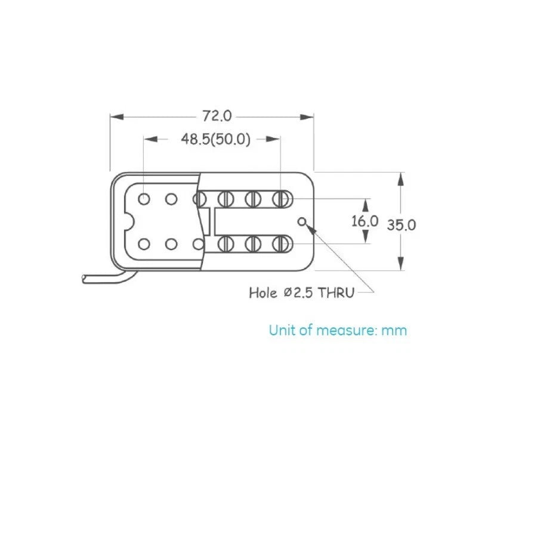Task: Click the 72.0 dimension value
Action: [217, 116]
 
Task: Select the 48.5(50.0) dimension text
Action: [216, 139]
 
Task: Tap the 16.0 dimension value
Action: [365, 221]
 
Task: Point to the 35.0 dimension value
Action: [402, 225]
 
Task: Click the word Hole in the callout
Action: [263, 293]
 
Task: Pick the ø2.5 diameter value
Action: [298, 293]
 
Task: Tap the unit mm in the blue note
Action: [394, 331]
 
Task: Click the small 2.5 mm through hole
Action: [302, 222]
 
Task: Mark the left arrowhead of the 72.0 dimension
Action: [116, 117]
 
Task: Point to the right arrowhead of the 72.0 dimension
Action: [307, 117]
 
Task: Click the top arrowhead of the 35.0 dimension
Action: [401, 179]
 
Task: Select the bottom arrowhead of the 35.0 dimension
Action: [401, 264]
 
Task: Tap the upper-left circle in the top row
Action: [144, 199]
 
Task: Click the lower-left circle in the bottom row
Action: [144, 245]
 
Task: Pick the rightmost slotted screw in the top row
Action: [280, 199]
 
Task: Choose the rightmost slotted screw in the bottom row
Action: [280, 244]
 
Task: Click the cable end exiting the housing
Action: [84, 279]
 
